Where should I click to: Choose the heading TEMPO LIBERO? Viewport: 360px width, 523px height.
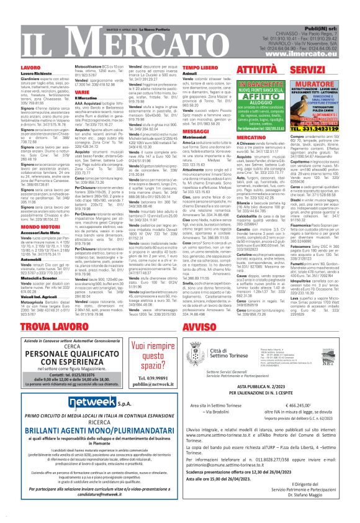[182, 66]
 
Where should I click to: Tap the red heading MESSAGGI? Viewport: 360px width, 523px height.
[179, 132]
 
